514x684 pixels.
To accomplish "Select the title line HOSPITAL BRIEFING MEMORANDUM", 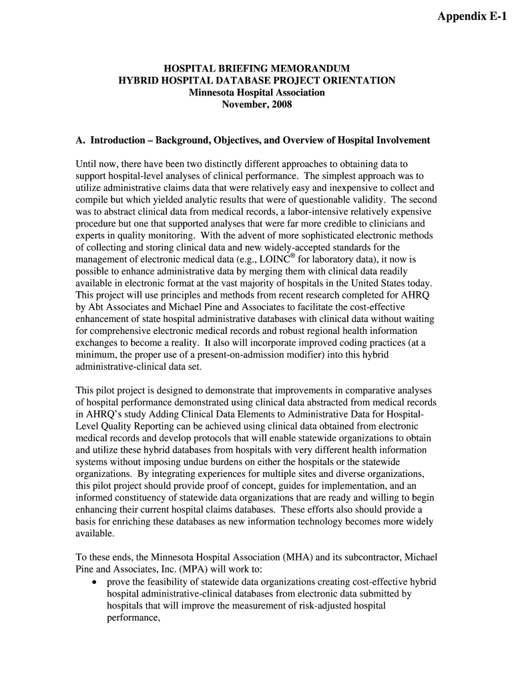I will point(257,69).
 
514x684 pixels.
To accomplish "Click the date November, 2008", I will point(257,105).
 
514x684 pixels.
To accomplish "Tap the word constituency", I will point(147,498).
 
